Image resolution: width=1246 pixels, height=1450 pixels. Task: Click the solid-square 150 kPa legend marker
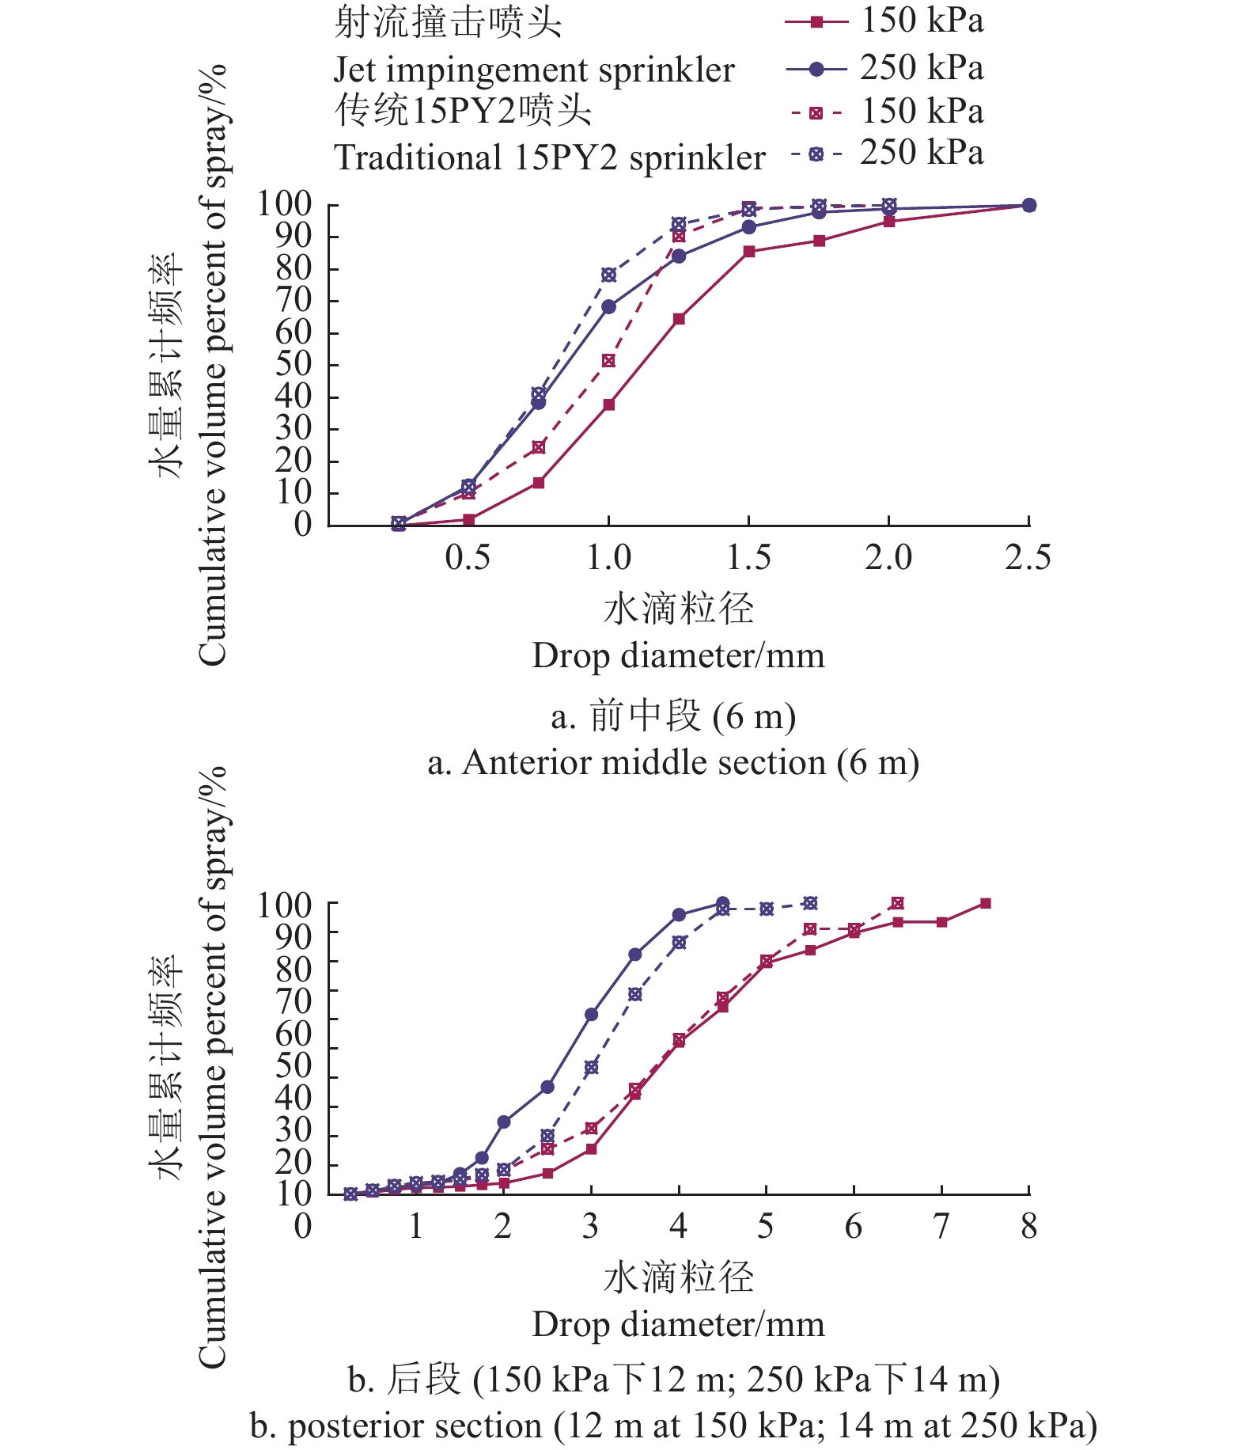pos(817,22)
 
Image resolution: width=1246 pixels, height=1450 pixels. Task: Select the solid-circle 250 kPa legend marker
pos(817,70)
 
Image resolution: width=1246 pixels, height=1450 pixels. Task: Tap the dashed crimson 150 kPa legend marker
pos(816,113)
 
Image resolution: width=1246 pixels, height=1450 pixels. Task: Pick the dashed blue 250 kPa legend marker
pos(816,154)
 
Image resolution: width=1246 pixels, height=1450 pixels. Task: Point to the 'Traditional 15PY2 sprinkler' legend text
pos(550,158)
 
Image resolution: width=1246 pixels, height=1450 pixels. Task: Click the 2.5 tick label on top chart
pos(1028,558)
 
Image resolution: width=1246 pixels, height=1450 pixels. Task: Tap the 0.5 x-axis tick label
pos(468,558)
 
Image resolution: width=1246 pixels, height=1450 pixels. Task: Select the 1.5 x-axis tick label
pos(748,558)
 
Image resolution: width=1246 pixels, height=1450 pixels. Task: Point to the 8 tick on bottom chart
pos(1028,1226)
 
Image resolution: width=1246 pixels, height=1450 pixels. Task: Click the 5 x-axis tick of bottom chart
pos(765,1226)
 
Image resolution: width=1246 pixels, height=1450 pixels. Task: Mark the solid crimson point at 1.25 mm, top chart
pos(679,319)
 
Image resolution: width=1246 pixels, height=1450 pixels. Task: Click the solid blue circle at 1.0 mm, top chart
pos(608,306)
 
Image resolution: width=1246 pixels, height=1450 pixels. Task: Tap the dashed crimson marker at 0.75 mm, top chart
pos(539,447)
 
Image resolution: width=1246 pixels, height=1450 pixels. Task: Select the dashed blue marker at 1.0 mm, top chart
pos(608,275)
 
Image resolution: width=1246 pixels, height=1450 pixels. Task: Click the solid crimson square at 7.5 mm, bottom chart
pos(985,903)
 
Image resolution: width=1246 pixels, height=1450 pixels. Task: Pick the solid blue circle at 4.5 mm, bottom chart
pos(722,903)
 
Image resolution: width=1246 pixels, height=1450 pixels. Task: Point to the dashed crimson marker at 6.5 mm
pos(897,903)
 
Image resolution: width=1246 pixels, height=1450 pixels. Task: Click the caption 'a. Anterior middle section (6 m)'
pos(673,763)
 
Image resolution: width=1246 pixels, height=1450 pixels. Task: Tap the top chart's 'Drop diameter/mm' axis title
pos(678,656)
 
